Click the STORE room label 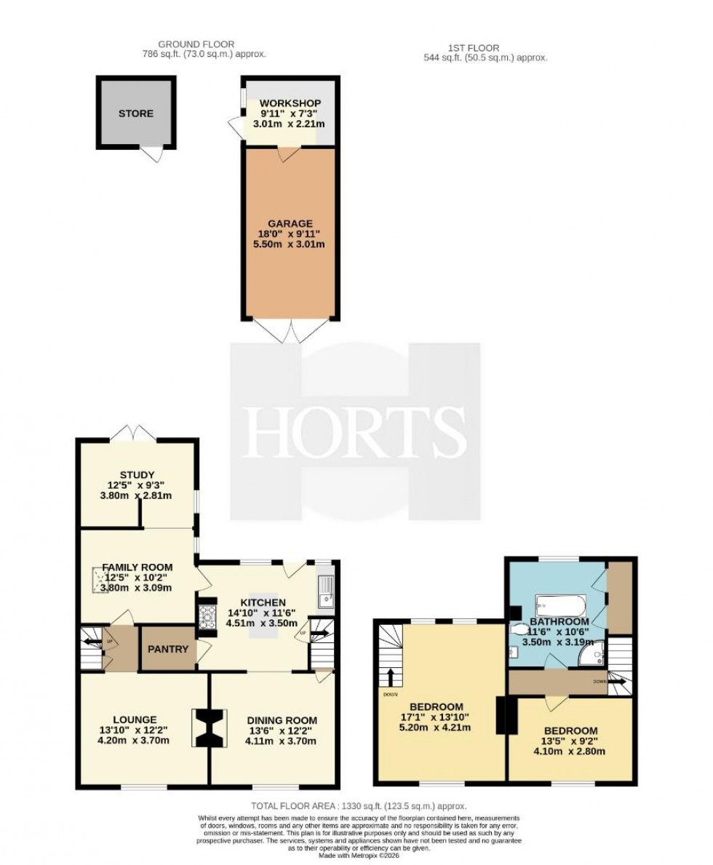tap(136, 113)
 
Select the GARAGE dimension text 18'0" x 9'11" tap(289, 234)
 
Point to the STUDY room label tap(137, 475)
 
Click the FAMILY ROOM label tap(137, 567)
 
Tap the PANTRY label tap(169, 649)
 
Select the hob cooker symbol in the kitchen tap(207, 618)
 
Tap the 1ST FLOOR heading tap(476, 48)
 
